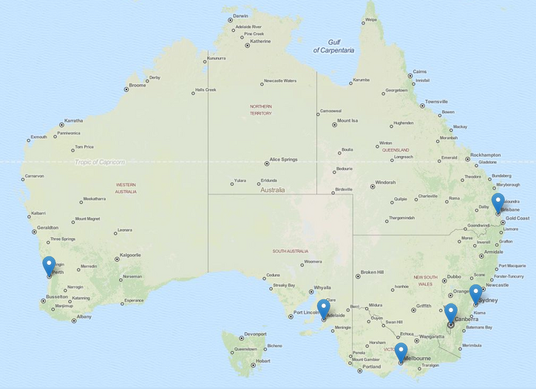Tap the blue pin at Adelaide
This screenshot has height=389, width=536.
324,309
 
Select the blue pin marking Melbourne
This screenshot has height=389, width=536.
401,352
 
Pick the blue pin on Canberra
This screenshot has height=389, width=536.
451,313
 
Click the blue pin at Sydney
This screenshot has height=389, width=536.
476,294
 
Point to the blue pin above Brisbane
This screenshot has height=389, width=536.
498,202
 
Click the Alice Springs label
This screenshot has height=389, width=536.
283,160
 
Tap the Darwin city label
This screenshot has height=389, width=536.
240,16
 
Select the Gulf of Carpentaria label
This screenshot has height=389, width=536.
333,47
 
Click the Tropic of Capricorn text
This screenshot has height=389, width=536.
100,162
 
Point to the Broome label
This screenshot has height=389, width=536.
138,86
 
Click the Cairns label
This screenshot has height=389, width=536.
419,72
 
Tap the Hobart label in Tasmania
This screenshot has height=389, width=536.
262,362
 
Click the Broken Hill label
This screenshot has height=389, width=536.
373,272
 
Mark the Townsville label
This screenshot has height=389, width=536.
436,102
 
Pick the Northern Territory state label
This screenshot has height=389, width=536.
261,109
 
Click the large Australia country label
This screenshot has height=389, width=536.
272,190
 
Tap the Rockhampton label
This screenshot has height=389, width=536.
485,155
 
